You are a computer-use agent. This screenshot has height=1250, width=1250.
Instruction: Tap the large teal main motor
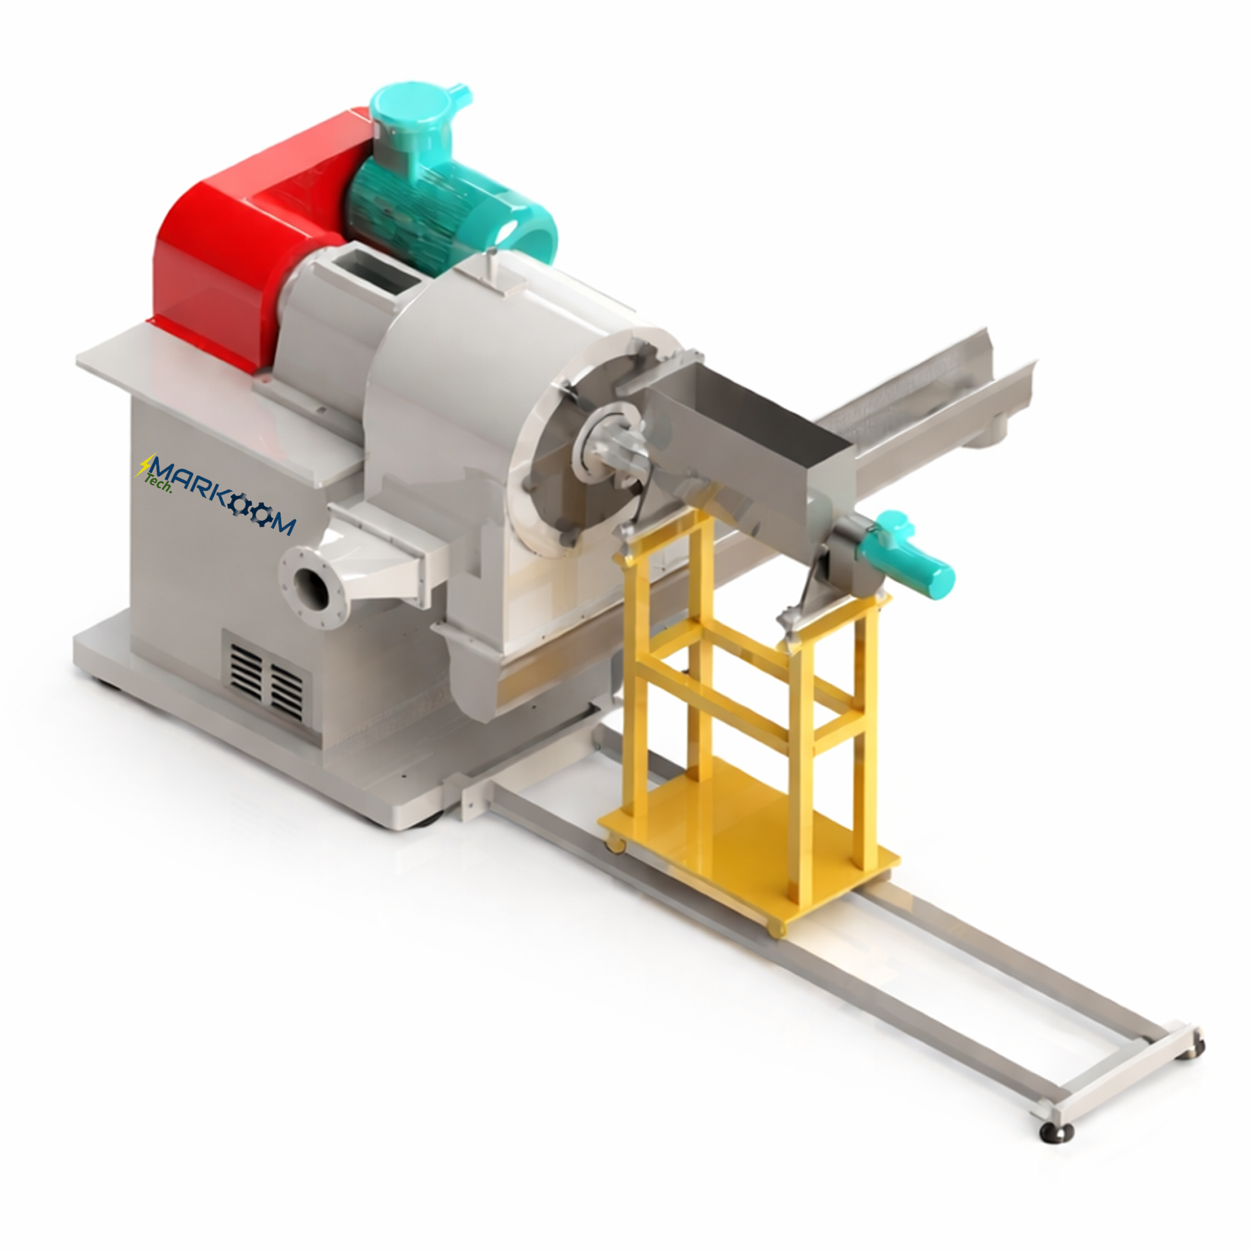(443, 208)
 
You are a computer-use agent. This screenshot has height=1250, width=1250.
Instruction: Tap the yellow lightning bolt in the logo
(144, 465)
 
